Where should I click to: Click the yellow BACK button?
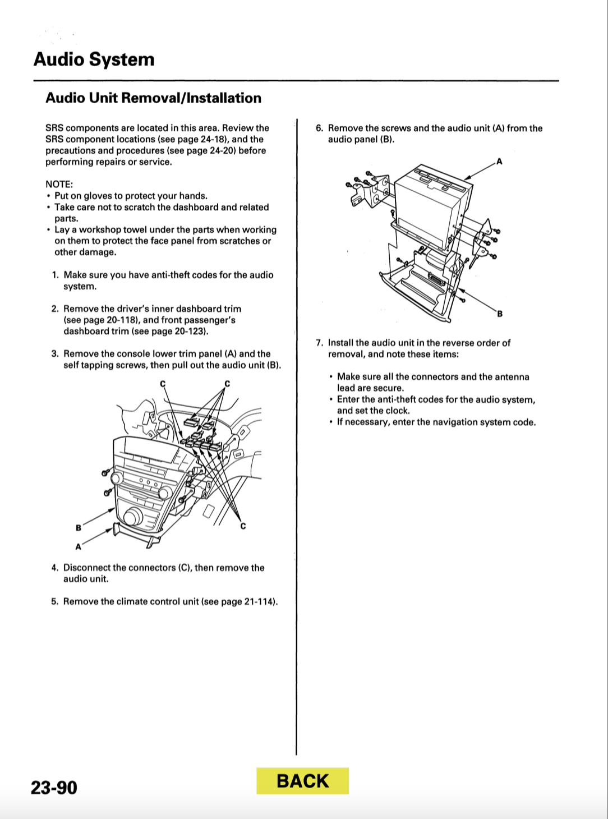tap(302, 781)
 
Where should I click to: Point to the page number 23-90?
tap(54, 788)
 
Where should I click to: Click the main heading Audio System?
tap(94, 59)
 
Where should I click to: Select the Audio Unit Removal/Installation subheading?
tap(153, 98)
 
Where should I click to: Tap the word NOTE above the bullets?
tap(59, 184)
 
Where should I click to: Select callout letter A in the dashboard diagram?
tap(79, 546)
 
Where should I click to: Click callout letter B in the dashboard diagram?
tap(79, 527)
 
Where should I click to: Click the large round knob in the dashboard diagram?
tap(135, 516)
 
